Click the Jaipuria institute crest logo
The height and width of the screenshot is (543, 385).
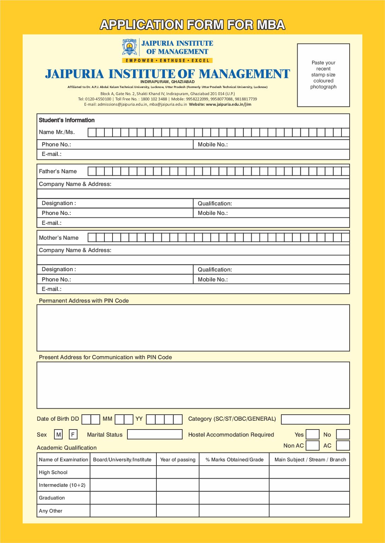coord(130,47)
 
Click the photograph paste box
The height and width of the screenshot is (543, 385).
coord(323,75)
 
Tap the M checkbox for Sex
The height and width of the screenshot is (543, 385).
coord(58,434)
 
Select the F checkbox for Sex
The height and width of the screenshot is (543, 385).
coord(73,434)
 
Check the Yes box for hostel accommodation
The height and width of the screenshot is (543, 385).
coord(312,434)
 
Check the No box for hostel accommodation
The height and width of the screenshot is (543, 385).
coord(343,434)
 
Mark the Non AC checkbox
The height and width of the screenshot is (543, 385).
coord(312,445)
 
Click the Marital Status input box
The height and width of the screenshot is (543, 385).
coord(155,434)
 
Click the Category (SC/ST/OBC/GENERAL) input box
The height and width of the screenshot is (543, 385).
coord(315,419)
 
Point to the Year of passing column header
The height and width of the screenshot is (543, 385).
coord(178,460)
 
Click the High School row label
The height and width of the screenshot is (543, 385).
coord(53,472)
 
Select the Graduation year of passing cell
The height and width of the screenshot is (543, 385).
coord(178,498)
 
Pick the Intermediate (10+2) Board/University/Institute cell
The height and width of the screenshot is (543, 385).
coord(123,485)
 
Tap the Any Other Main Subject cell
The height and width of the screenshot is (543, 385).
coord(309,511)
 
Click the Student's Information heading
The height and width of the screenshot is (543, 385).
coord(67,120)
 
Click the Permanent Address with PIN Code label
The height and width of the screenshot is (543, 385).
coord(84,301)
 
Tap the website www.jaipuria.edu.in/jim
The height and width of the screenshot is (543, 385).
coord(228,104)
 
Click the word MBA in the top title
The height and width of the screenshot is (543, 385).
coord(271,25)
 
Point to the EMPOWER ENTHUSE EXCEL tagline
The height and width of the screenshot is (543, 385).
coord(168,60)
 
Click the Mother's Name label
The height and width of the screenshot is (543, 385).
coord(59,238)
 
